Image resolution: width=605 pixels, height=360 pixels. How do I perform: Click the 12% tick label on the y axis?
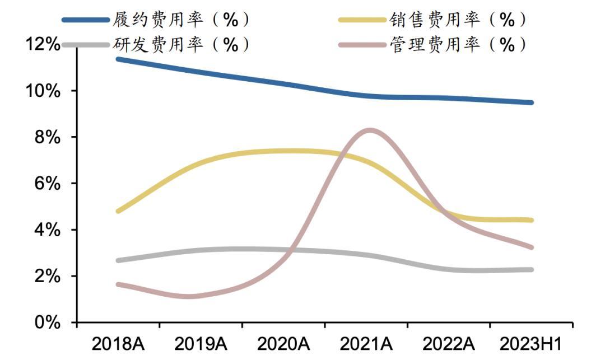[42, 44]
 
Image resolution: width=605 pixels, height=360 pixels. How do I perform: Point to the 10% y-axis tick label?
[42, 91]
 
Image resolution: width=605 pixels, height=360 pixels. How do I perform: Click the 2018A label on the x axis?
[118, 343]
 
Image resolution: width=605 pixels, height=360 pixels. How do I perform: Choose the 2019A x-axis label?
[201, 343]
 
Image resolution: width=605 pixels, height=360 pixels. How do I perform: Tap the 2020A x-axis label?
[283, 343]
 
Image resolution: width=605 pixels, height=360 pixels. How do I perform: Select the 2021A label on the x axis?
[366, 343]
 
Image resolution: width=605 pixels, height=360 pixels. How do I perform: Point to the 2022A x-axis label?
[448, 343]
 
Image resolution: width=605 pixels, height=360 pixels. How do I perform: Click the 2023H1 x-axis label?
[530, 343]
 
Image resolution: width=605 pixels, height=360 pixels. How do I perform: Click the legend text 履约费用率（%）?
[181, 20]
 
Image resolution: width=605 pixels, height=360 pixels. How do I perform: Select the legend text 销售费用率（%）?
[458, 20]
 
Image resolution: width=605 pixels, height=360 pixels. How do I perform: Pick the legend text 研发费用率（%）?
[181, 44]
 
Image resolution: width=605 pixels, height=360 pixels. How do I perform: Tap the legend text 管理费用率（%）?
[458, 44]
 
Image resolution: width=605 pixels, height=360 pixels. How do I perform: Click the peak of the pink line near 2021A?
[370, 131]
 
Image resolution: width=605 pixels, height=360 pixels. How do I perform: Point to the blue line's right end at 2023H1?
[531, 102]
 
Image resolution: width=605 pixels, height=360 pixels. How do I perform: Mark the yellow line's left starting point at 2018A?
[118, 211]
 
